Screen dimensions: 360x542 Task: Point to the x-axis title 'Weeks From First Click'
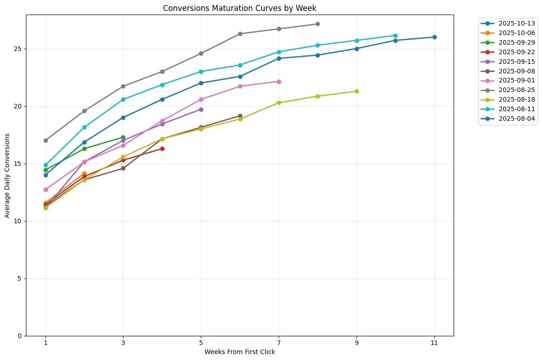(x=240, y=352)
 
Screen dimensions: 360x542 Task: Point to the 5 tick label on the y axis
(x=20, y=278)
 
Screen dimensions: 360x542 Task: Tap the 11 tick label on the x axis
(x=434, y=343)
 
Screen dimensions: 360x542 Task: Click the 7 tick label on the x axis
(x=279, y=343)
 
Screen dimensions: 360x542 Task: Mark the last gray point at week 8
(x=317, y=24)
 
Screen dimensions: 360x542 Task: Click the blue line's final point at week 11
(x=434, y=37)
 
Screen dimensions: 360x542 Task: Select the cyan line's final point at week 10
(x=395, y=36)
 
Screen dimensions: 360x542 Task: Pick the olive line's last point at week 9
(x=357, y=91)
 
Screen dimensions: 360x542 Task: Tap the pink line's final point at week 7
(x=279, y=82)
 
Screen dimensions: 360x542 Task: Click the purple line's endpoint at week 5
(x=201, y=109)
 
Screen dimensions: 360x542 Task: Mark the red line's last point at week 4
(x=162, y=149)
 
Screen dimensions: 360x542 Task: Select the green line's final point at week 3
(x=123, y=137)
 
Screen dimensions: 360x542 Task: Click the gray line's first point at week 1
(x=46, y=140)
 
